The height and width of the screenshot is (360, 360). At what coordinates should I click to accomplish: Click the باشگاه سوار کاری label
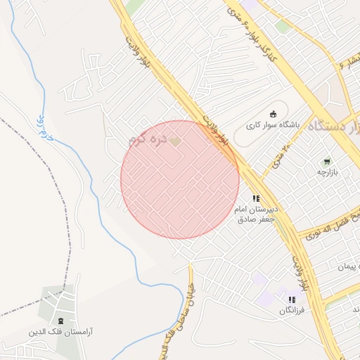[x=274, y=125]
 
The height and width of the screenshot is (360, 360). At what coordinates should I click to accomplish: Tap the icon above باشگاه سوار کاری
[x=274, y=114]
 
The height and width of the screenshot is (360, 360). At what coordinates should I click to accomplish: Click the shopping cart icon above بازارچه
[x=327, y=162]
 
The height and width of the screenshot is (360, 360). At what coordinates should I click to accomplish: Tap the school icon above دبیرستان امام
[x=256, y=199]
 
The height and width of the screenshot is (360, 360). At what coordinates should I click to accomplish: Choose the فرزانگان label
[x=292, y=310]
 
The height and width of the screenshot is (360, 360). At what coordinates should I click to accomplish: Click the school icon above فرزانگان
[x=292, y=300]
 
